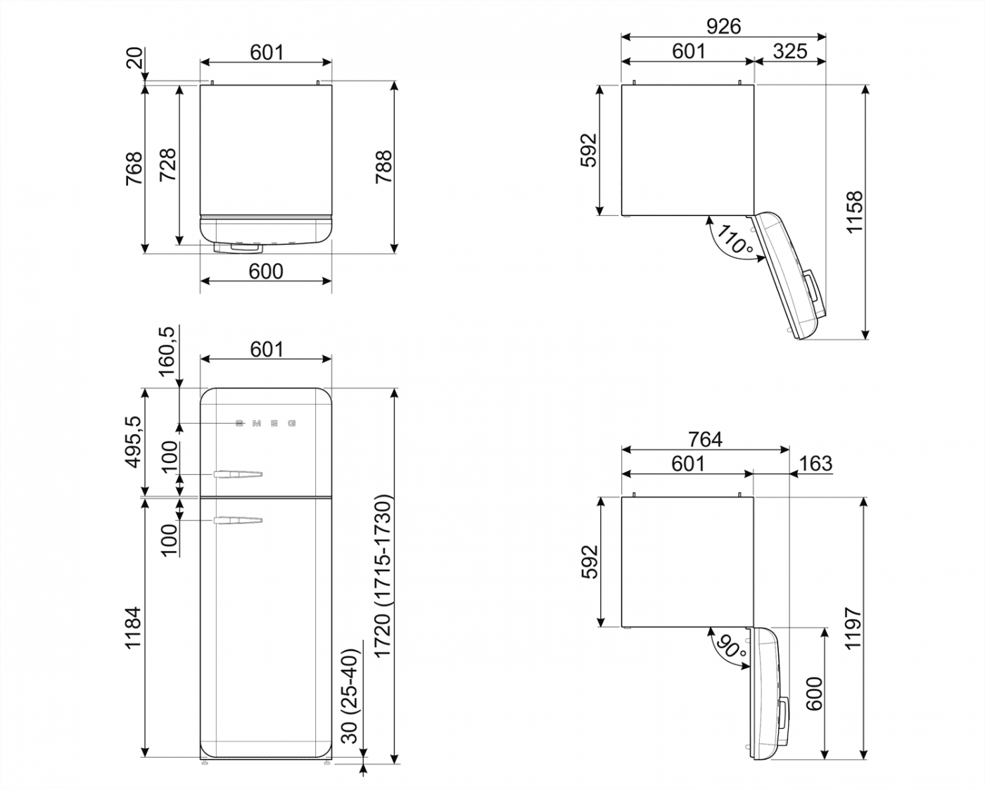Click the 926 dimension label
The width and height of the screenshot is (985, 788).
point(723,26)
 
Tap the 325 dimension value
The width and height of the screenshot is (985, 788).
point(789,51)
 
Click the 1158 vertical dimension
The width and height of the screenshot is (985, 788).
point(854,212)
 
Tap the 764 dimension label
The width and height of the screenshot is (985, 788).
point(705,439)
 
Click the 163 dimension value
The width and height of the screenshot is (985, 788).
point(815,463)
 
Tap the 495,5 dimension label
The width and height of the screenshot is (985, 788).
point(133,441)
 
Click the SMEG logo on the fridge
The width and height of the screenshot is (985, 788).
point(265,424)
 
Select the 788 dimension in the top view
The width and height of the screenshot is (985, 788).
point(383,167)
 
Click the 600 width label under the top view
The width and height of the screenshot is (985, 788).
point(266,271)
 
